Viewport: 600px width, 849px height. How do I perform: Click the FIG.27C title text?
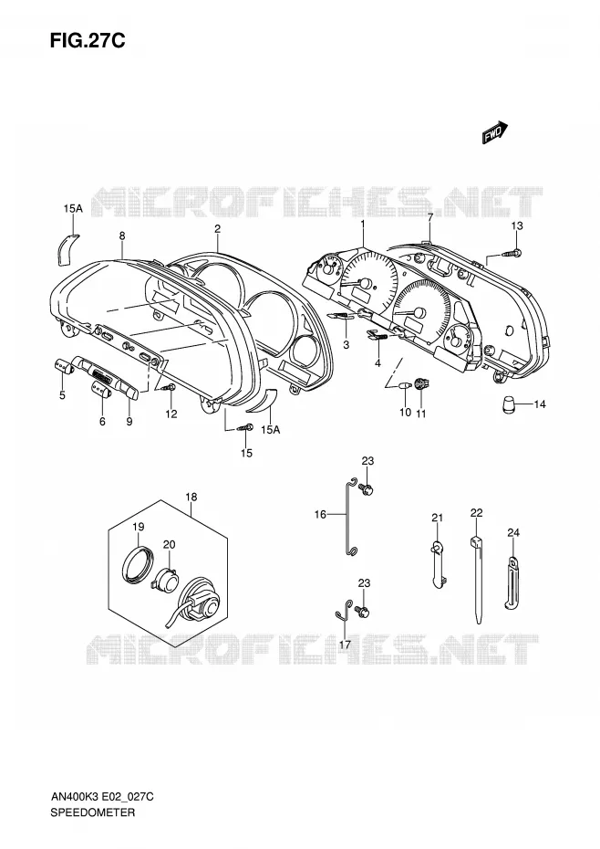(x=88, y=40)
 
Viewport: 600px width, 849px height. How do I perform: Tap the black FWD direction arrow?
(x=495, y=132)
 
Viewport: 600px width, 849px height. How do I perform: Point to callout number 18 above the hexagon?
(x=191, y=497)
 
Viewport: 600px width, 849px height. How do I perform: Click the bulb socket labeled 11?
(x=421, y=385)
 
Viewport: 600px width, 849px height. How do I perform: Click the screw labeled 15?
(x=245, y=428)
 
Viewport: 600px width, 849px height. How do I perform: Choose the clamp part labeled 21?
(x=439, y=563)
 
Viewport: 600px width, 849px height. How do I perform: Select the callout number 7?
(x=430, y=217)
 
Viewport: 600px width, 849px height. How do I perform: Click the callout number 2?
(x=217, y=229)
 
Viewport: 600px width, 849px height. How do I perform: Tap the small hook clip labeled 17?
(x=343, y=610)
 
